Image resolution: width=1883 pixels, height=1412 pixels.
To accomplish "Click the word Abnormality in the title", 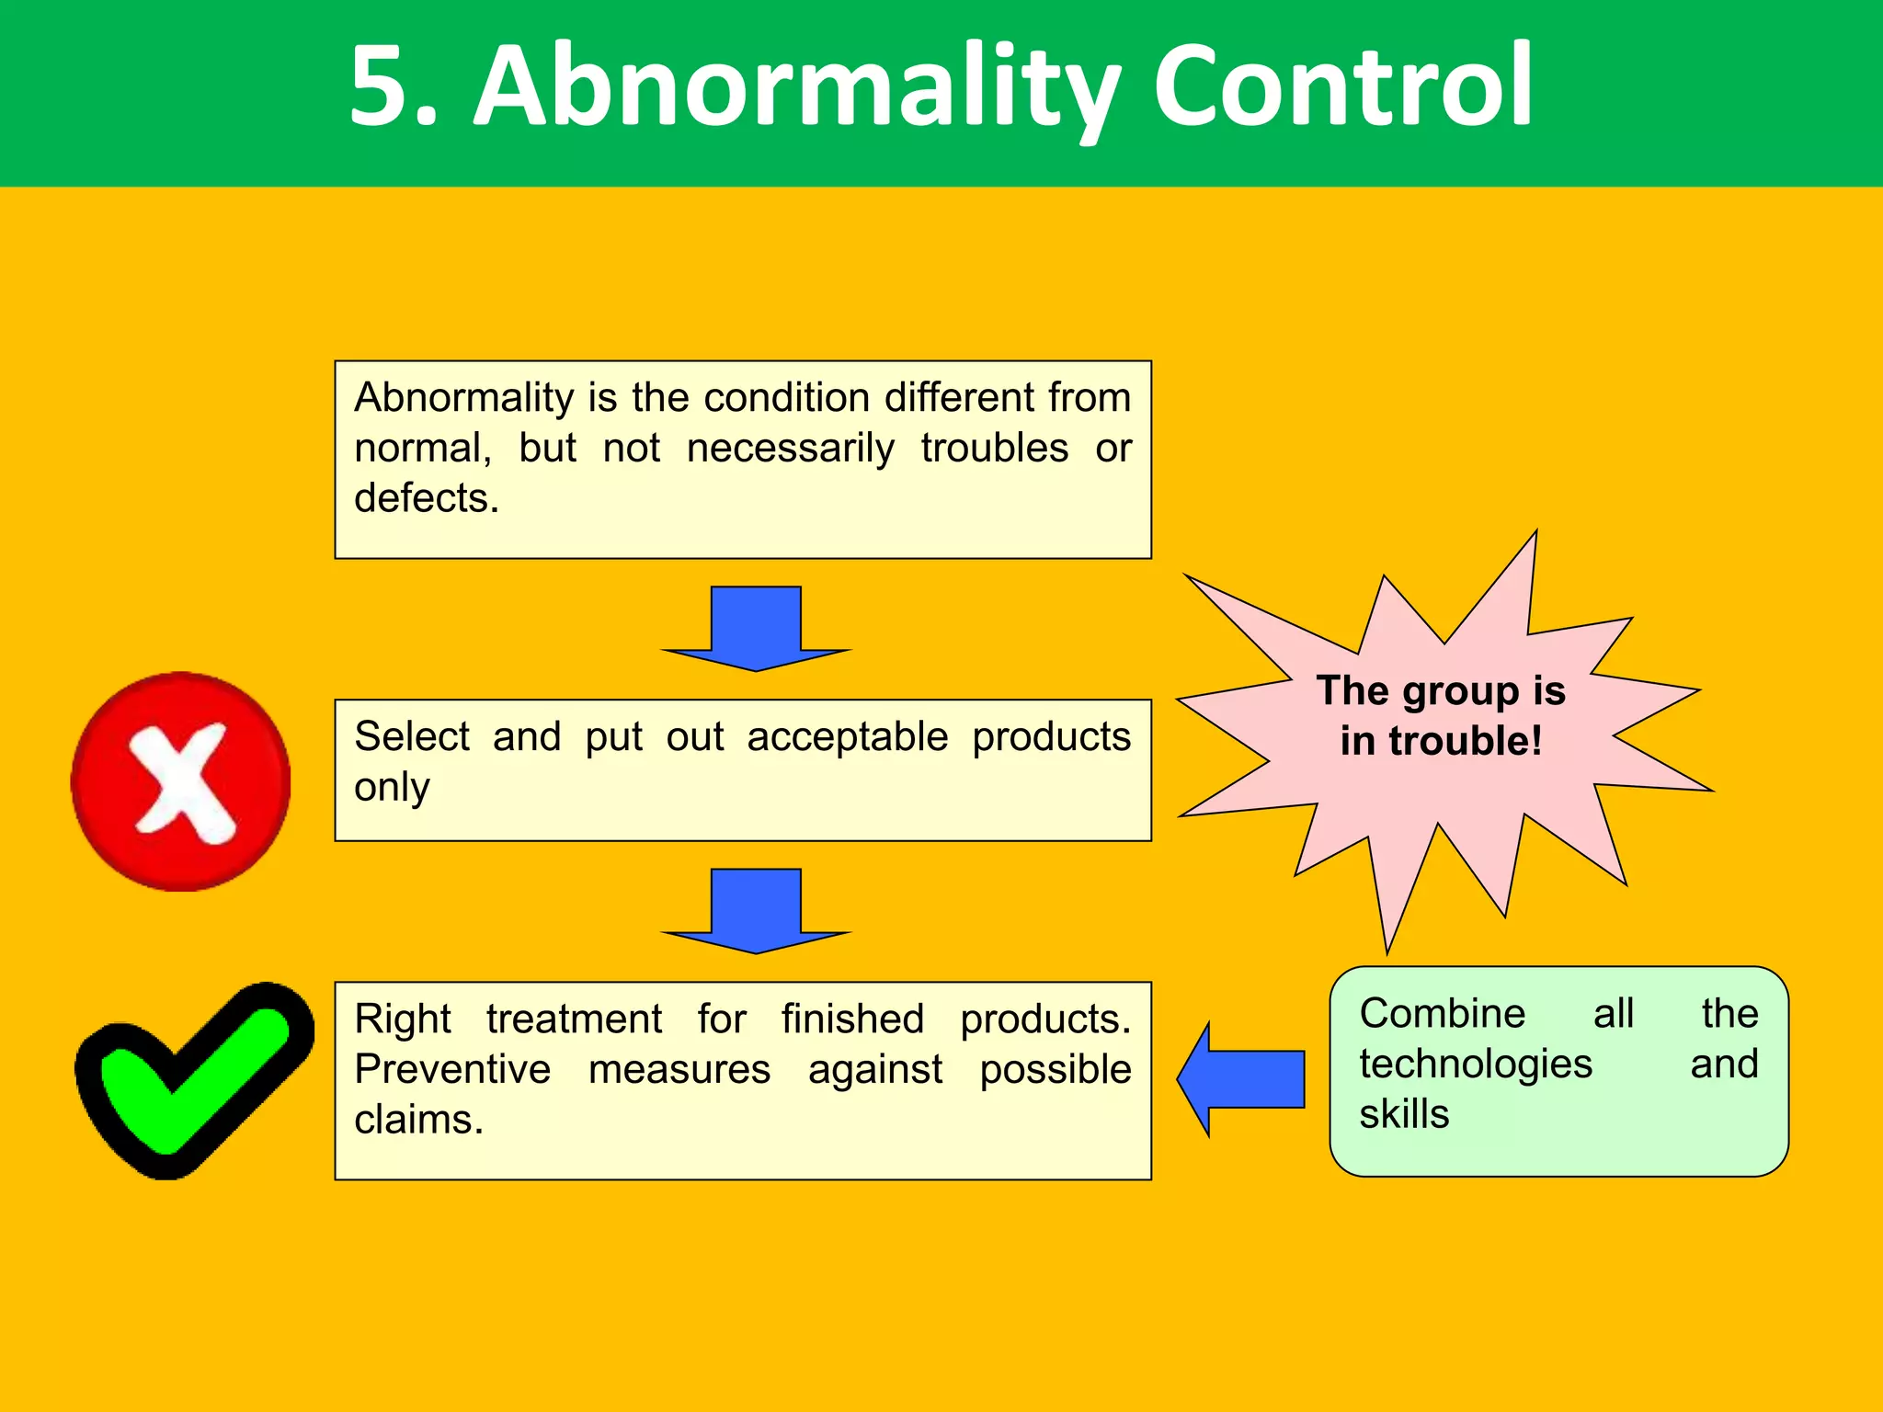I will point(795,87).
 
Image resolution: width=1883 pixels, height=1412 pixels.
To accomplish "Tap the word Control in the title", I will point(1342,87).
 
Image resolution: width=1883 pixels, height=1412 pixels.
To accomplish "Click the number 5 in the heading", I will point(382,87).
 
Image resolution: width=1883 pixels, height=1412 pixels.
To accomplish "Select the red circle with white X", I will point(181,781).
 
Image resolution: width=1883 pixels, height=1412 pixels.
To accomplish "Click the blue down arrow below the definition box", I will point(756,629).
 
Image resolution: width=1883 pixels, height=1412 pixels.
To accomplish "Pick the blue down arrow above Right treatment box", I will point(756,911).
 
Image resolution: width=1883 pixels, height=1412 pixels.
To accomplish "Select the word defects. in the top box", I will point(427,499).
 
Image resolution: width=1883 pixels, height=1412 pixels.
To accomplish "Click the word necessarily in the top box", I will point(790,449).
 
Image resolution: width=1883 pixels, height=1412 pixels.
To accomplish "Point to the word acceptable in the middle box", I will point(847,737).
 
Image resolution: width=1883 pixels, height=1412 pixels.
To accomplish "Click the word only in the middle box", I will point(392,789).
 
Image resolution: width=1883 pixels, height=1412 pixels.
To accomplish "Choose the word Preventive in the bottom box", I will point(452,1070).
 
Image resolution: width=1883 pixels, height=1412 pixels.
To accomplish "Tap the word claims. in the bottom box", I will point(418,1121).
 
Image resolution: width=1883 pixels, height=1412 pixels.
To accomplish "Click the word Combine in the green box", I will point(1442,1014).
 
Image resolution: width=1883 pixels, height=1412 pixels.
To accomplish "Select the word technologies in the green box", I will point(1475,1065).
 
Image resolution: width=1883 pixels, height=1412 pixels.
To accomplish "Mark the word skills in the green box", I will point(1404,1115).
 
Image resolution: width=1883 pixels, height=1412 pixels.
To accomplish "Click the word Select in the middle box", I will point(412,737).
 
